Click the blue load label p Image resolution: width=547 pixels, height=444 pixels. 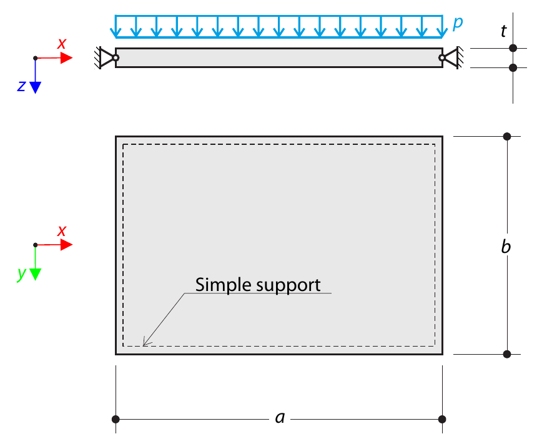click(x=458, y=23)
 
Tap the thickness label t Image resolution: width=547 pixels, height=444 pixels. click(x=503, y=31)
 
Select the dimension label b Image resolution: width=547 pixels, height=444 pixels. click(x=506, y=246)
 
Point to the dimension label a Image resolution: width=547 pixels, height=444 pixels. click(x=280, y=418)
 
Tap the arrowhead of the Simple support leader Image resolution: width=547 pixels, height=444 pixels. click(x=146, y=342)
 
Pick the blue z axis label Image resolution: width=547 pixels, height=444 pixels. click(x=22, y=86)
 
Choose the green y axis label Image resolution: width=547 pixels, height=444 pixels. click(x=22, y=274)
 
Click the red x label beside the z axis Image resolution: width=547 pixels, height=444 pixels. click(x=62, y=44)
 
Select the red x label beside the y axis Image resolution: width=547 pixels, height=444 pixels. click(x=62, y=231)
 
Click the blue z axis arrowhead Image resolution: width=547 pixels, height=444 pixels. click(x=35, y=87)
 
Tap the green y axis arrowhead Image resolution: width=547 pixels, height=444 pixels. click(x=35, y=274)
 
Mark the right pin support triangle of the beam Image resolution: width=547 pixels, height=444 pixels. click(x=451, y=57)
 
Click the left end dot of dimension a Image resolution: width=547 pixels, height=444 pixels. click(x=116, y=419)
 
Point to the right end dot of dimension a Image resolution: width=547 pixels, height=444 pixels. click(x=442, y=419)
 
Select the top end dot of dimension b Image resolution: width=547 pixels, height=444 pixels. click(x=507, y=136)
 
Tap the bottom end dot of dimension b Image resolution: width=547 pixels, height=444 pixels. click(x=507, y=354)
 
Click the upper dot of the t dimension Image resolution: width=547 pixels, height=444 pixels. click(x=513, y=48)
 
